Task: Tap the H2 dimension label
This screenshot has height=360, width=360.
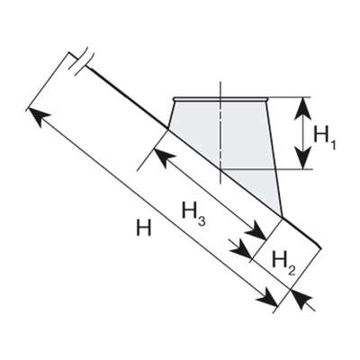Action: pos(283,264)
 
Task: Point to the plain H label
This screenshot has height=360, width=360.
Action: pos(144,228)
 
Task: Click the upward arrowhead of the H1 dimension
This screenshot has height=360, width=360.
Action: pos(303,107)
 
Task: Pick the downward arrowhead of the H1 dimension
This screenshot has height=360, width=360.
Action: pos(303,158)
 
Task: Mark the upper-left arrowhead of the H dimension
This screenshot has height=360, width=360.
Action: pos(39,116)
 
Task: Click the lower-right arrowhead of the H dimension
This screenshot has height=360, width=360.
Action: pos(267,298)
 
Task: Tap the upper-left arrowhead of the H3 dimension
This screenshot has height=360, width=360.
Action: pos(165,157)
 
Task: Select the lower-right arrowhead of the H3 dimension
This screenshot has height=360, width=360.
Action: pos(256,231)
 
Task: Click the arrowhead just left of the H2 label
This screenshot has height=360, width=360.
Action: pos(242,249)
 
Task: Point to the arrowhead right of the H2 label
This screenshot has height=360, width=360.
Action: pos(302,299)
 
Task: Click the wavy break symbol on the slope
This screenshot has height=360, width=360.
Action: pos(81,60)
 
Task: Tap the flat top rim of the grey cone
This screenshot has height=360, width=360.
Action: pos(220,99)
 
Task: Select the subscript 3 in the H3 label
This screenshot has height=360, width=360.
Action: pos(202,220)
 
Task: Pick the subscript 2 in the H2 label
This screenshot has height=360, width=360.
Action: pos(292,270)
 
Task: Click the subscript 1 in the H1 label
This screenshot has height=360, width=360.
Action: pos(332,145)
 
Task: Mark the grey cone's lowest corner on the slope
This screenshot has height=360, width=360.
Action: pos(282,216)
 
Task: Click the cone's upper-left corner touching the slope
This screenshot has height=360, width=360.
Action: pos(168,130)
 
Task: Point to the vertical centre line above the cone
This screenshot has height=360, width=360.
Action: pos(220,89)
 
